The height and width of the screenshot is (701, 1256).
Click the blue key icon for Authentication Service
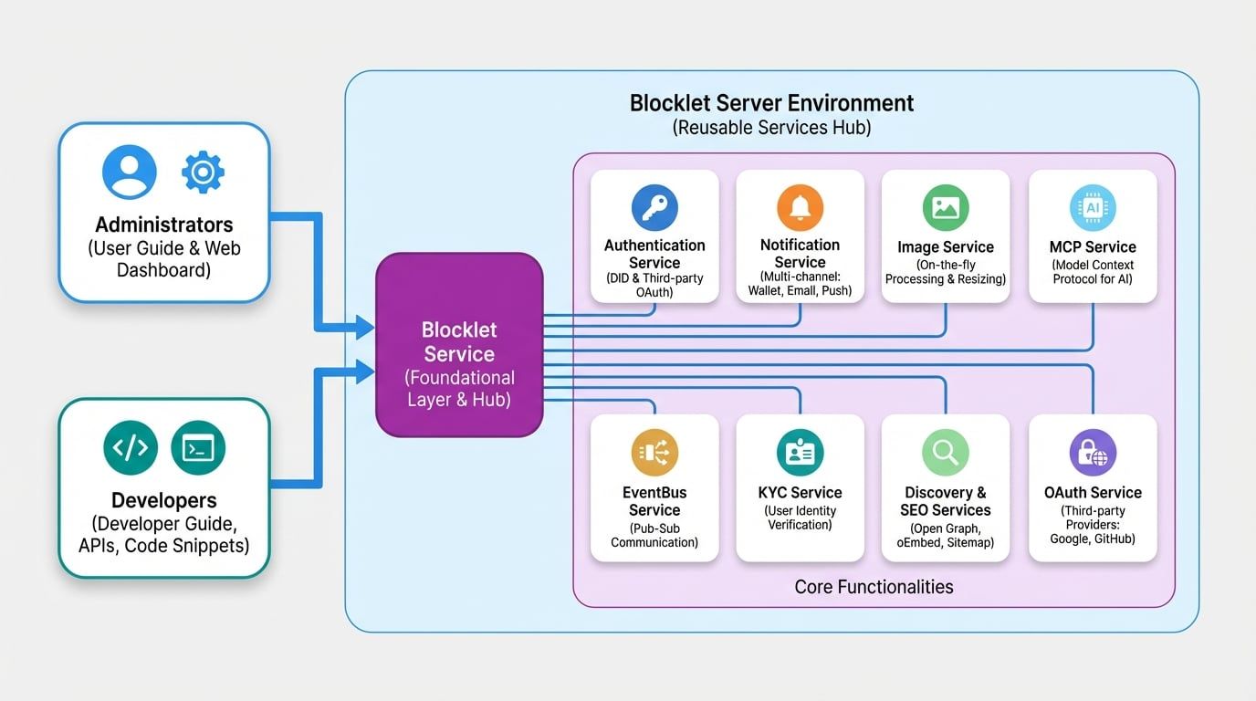click(654, 207)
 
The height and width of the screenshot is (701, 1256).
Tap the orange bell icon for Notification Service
click(800, 207)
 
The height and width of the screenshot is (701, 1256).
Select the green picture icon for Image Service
click(946, 207)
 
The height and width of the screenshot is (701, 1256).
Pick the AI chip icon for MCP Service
click(1093, 207)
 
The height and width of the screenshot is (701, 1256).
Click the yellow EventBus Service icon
click(654, 453)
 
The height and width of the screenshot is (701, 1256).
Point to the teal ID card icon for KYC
click(800, 453)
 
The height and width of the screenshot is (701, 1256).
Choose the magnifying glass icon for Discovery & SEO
click(946, 453)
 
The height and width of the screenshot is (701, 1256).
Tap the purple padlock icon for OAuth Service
click(1093, 453)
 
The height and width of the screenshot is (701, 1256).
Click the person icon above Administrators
click(130, 172)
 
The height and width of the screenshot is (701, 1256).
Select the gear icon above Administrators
click(203, 172)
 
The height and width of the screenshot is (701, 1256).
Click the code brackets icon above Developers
click(130, 447)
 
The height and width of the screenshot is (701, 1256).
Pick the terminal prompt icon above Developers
click(198, 447)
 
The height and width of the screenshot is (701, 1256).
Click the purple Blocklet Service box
click(459, 344)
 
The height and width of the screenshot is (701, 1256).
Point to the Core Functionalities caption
click(874, 587)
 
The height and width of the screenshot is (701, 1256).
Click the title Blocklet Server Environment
click(771, 103)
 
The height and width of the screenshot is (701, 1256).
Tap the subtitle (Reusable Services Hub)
click(771, 128)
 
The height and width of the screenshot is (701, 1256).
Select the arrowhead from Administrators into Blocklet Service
click(365, 326)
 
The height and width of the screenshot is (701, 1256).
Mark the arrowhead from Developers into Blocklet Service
click(365, 371)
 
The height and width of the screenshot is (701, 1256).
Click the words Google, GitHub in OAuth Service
click(1093, 539)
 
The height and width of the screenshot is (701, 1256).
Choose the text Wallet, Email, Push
click(800, 290)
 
